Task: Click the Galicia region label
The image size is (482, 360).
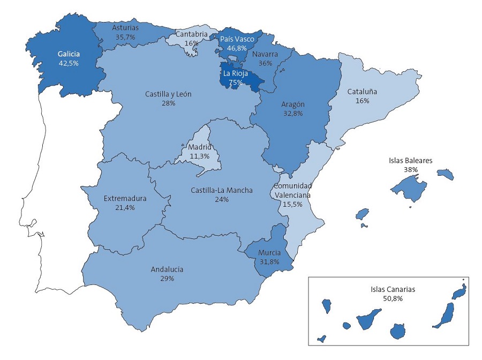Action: [x=69, y=54]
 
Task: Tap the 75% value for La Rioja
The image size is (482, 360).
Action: [x=236, y=82]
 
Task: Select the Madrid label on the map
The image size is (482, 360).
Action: [x=199, y=147]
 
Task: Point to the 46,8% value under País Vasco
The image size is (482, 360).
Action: [x=237, y=48]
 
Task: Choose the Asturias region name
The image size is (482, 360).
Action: [x=126, y=27]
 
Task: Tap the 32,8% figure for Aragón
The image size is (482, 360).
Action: [x=293, y=114]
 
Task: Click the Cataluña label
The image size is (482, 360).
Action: [x=362, y=92]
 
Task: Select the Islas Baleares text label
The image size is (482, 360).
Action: [x=411, y=160]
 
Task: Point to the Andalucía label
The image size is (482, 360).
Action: [x=167, y=269]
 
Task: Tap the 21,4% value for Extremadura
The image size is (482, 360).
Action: [x=125, y=207]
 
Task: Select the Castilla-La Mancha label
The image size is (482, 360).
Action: [x=222, y=190]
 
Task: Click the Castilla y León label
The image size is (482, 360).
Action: [x=168, y=94]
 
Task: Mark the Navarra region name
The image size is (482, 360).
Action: [x=265, y=54]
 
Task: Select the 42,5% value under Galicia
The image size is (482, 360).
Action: [x=69, y=63]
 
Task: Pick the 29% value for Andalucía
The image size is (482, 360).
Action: [x=167, y=279]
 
